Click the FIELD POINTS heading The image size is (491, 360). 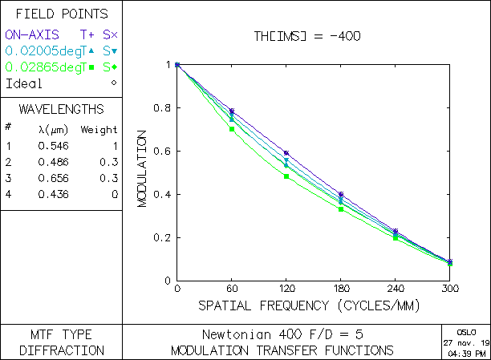[61, 14]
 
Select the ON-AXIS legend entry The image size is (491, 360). [32, 34]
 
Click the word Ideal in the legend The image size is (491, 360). [23, 83]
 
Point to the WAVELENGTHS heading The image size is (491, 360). [61, 108]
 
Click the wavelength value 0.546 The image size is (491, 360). [53, 146]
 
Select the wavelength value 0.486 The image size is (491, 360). [53, 162]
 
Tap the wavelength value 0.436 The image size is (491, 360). [53, 194]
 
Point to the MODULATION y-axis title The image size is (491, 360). [142, 172]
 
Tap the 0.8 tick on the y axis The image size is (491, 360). [164, 108]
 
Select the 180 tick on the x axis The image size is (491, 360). [340, 288]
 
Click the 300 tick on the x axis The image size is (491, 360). [449, 288]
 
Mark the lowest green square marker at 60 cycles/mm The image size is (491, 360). [231, 128]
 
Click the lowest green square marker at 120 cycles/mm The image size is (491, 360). [286, 176]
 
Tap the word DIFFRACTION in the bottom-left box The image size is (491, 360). [61, 350]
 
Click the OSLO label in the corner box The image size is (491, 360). [465, 331]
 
